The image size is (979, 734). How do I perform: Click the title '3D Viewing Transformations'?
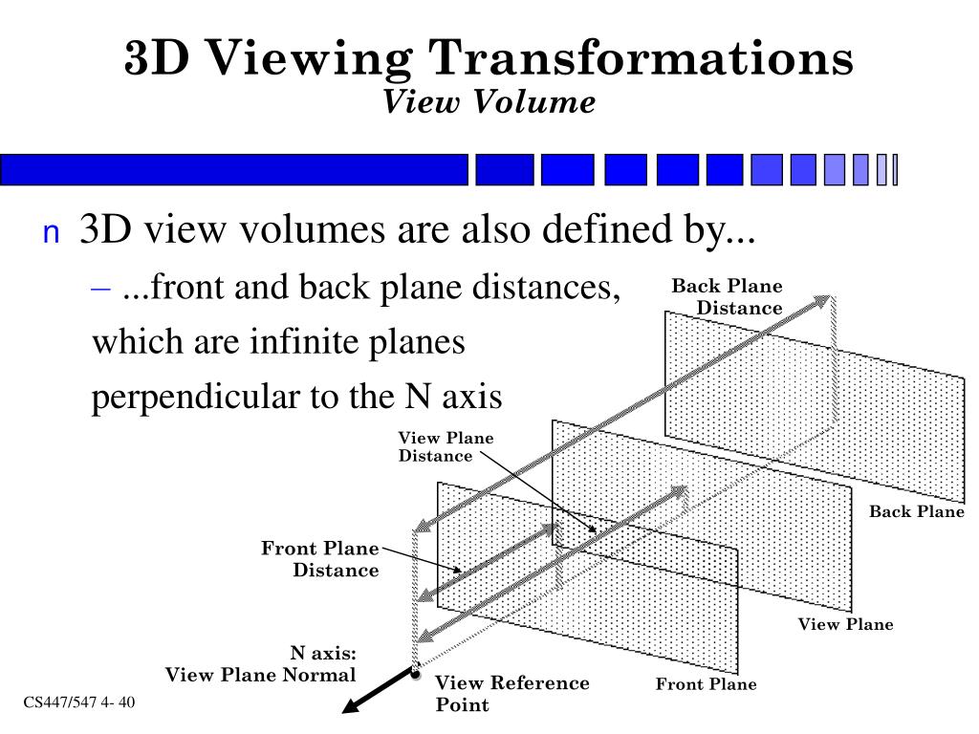click(489, 58)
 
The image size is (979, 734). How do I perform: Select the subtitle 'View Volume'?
click(489, 101)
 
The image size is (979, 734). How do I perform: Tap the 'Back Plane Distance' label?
click(728, 296)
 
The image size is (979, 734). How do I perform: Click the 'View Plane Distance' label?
click(446, 446)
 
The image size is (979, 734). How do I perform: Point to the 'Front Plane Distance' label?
click(320, 559)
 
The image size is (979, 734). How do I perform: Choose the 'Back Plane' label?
click(916, 512)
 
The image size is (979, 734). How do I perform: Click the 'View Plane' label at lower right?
click(845, 625)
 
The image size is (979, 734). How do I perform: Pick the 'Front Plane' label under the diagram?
click(706, 684)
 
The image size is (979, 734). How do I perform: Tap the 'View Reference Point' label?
click(511, 694)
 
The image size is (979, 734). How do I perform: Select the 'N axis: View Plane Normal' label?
click(261, 664)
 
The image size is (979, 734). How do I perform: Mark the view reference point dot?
click(416, 674)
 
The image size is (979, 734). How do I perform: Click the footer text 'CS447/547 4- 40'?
click(79, 704)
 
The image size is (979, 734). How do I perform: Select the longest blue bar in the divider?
click(234, 169)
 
